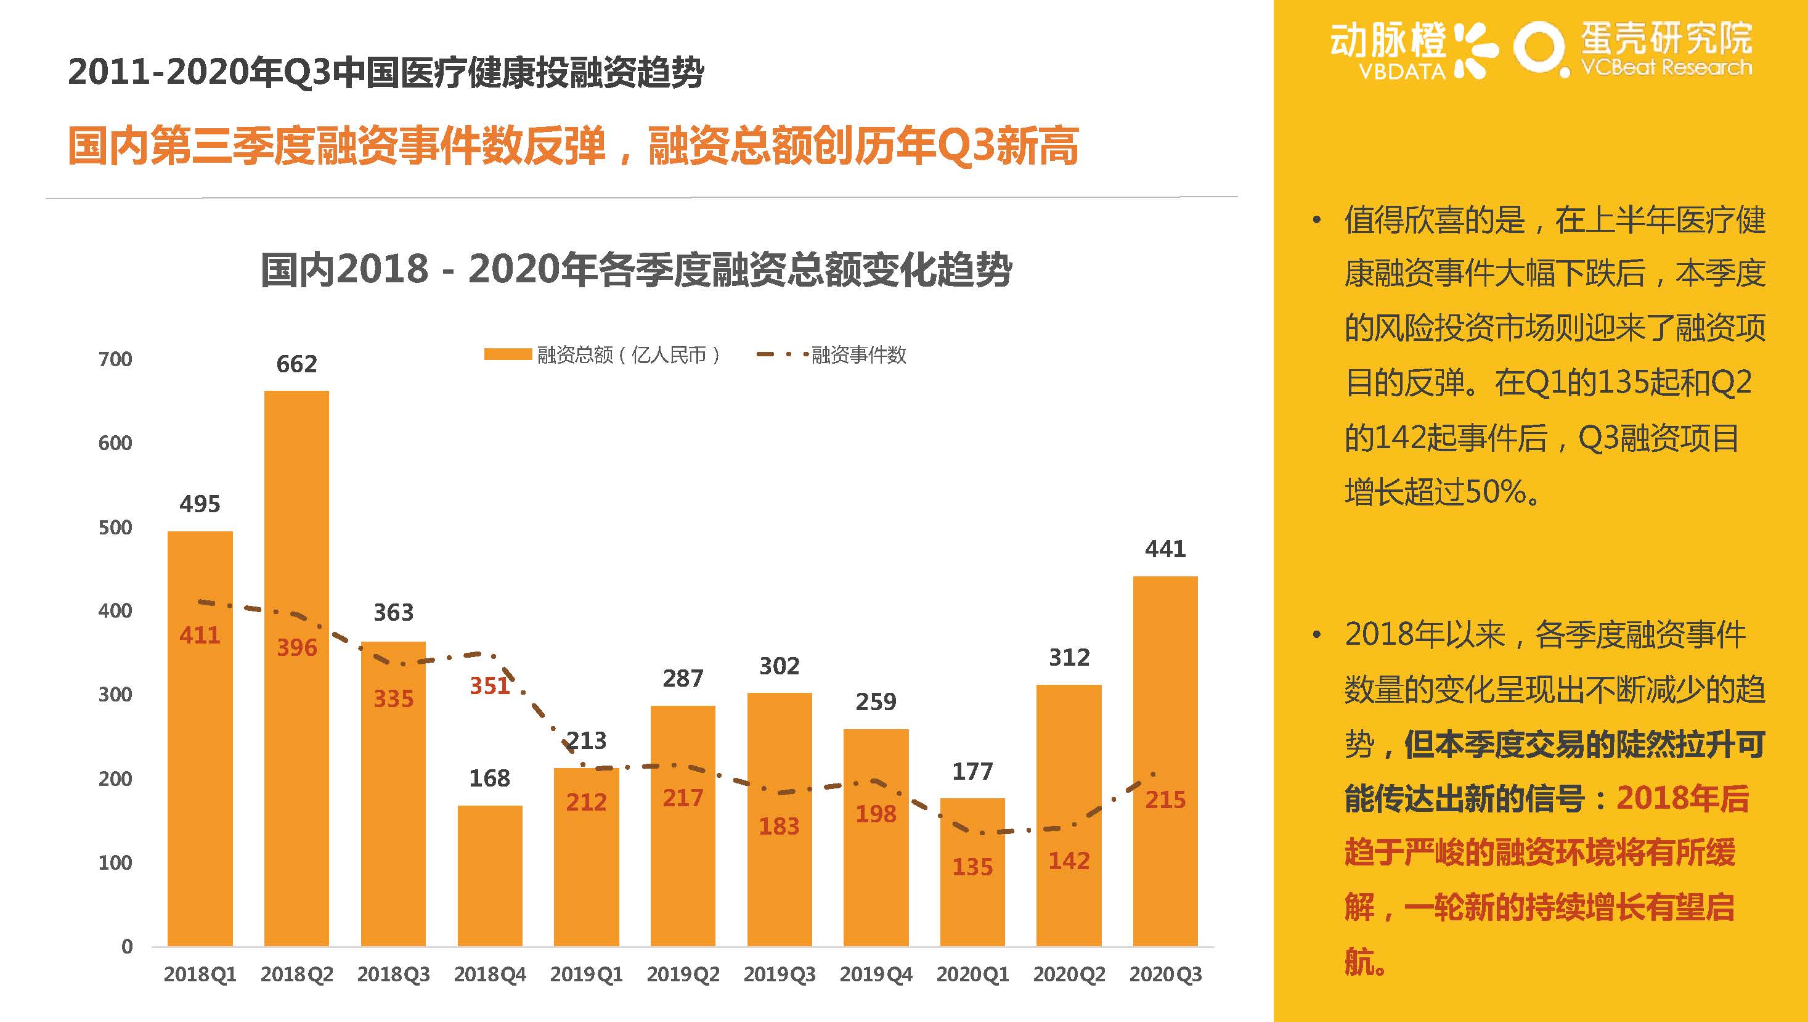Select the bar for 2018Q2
296,667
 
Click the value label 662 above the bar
296,364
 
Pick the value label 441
1165,549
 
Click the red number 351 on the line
489,686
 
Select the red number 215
1165,799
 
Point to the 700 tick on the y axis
115,359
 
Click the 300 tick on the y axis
115,695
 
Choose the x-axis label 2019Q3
779,975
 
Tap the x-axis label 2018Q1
200,975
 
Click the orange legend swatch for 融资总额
507,354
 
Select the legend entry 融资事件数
858,355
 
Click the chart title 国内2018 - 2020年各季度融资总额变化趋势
636,270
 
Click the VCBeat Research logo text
1666,68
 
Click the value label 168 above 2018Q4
489,779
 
